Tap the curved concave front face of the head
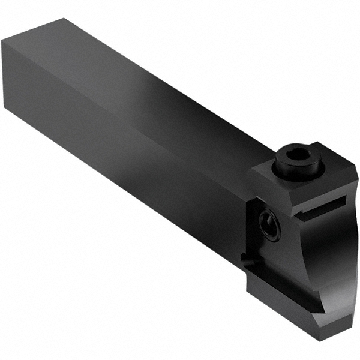[336, 252]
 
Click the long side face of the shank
[120, 150]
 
